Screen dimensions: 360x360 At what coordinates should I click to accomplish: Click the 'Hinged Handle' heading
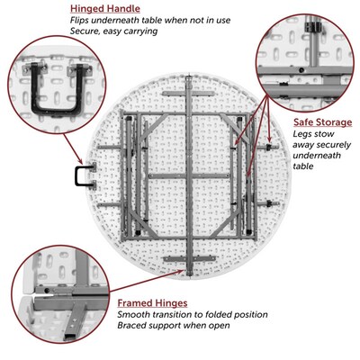105,9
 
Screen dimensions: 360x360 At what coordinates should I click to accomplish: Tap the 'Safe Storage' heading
322,122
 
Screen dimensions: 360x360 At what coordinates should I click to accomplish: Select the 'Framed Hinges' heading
152,303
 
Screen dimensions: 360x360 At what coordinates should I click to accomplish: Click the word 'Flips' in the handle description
79,21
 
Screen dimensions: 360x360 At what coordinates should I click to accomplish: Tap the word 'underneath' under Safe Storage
317,156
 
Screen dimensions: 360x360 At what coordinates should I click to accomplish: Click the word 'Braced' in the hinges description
131,326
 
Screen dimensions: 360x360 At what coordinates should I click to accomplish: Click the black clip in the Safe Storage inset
313,27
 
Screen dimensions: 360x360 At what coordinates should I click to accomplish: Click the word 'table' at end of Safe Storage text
302,166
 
